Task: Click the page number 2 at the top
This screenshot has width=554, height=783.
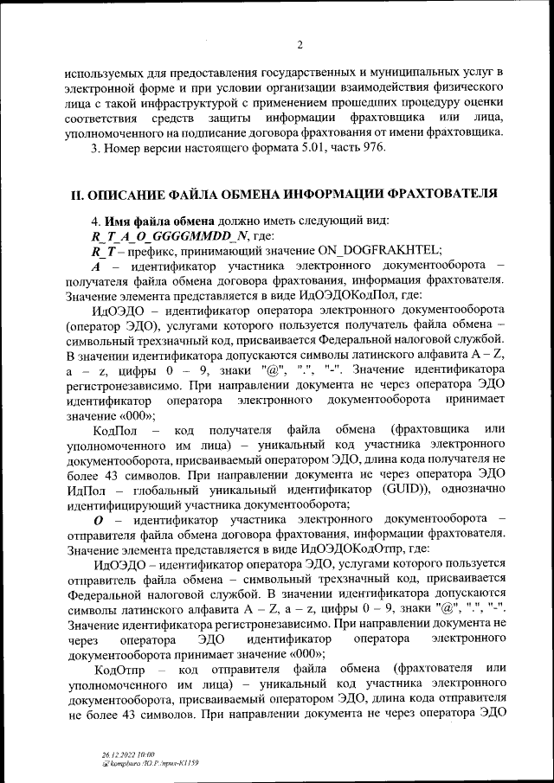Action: tap(298, 45)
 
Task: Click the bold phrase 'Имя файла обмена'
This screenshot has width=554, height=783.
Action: tap(153, 220)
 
